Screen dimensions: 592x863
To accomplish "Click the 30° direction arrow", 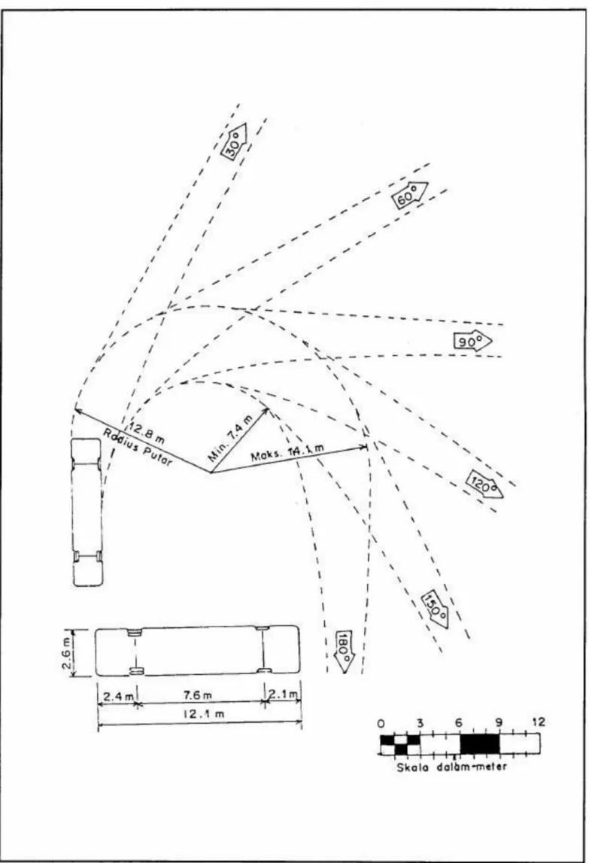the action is [233, 141].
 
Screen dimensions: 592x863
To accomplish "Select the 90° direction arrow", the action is [472, 342].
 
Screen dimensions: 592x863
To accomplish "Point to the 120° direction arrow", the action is [485, 485].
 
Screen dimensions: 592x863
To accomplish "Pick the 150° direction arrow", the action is [435, 609].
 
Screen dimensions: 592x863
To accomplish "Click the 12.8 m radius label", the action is [147, 432].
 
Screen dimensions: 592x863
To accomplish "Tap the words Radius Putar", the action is [138, 447].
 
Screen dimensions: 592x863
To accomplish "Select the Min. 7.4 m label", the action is [231, 438].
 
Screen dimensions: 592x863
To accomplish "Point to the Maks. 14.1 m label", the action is [287, 453].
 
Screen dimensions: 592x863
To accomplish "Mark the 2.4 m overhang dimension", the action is [116, 696].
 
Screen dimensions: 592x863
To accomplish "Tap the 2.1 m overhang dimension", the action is [284, 694].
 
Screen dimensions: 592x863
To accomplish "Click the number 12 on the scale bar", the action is [539, 722].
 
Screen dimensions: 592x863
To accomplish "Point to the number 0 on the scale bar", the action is [382, 722].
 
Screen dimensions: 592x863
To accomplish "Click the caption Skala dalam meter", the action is [451, 766].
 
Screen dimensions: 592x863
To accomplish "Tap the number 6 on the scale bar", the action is [459, 722].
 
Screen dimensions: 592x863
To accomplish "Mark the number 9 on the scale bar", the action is [499, 722].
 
